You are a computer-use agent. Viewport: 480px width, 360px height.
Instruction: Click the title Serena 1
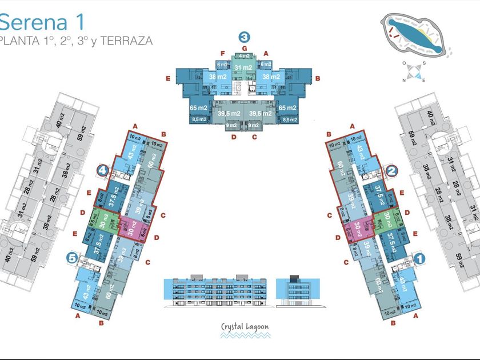click(x=42, y=22)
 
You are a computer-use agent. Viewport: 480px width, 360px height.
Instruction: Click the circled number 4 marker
click(x=102, y=170)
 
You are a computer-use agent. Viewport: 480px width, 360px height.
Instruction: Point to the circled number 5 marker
click(x=71, y=258)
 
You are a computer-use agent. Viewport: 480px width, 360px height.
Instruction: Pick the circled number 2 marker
click(x=391, y=170)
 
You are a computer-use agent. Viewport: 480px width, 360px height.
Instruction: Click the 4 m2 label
click(x=244, y=56)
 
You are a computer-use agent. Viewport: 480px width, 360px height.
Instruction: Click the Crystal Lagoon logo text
click(x=245, y=328)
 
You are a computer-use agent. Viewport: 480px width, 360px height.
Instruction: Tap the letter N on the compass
click(x=404, y=81)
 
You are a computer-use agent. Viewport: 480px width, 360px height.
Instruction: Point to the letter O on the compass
click(x=403, y=63)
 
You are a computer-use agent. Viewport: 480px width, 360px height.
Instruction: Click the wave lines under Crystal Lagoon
click(x=245, y=337)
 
